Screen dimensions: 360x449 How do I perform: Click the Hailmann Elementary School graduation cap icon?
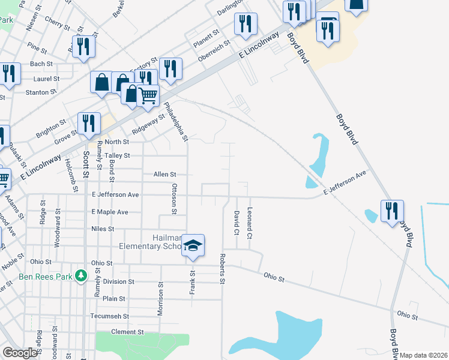[193, 245]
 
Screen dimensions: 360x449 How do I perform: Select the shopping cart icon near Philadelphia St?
[148, 95]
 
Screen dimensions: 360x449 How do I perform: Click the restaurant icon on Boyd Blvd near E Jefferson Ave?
[392, 211]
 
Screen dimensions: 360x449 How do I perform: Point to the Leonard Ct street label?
[249, 221]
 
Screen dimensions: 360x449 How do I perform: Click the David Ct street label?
[237, 223]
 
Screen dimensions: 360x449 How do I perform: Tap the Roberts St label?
[222, 268]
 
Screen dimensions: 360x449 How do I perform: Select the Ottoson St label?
[174, 199]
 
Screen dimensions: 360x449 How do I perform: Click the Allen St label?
[164, 174]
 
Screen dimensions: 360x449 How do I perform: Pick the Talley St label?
[118, 155]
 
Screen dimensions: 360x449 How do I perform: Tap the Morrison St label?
[161, 299]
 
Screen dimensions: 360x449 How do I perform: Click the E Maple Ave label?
[110, 212]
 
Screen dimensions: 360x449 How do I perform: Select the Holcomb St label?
[75, 179]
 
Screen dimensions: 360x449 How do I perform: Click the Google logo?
[20, 353]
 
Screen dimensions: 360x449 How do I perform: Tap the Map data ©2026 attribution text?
[423, 355]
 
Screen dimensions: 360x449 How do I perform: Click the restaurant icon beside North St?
[89, 124]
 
